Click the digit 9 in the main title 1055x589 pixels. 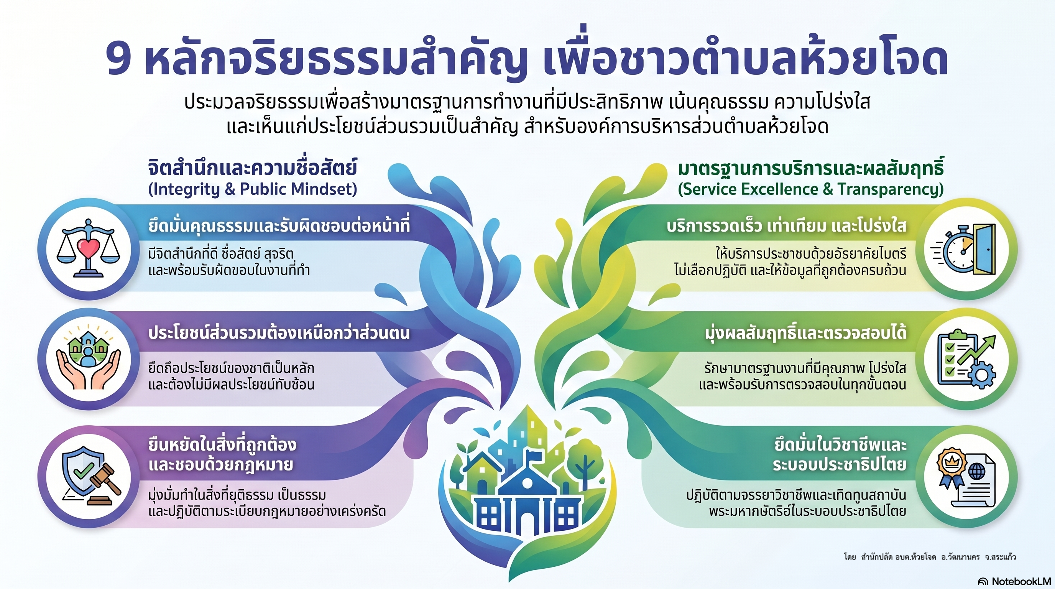tap(119, 59)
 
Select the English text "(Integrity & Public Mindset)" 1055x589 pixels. tap(252, 189)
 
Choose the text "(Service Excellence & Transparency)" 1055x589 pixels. tap(810, 189)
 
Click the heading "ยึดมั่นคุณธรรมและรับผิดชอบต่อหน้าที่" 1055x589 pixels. tap(279, 226)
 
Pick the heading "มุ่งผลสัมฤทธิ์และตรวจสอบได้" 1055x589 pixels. tap(805, 333)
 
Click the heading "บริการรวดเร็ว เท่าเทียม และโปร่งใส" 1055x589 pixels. tap(786, 226)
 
